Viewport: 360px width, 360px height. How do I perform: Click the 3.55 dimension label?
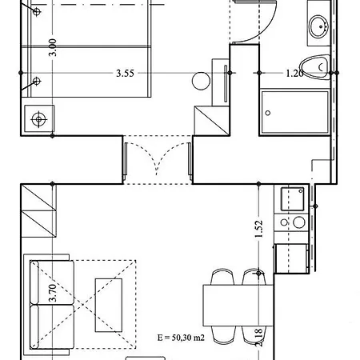click(124, 74)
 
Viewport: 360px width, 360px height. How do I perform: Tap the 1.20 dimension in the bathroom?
click(294, 74)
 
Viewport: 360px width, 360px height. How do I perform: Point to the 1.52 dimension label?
click(258, 230)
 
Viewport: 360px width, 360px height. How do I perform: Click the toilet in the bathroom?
click(317, 64)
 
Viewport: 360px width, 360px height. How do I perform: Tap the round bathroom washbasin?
click(319, 26)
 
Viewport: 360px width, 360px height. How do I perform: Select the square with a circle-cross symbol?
click(37, 119)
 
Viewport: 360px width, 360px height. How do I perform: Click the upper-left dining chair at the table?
click(221, 276)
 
